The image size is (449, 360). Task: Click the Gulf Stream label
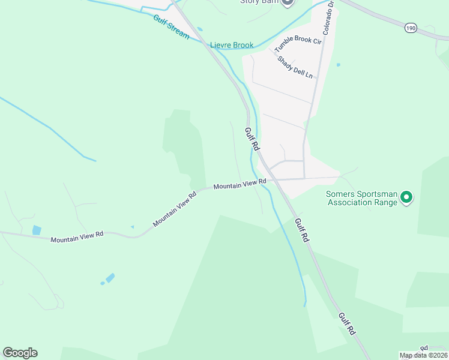point(171,28)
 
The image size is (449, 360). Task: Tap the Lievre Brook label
point(232,45)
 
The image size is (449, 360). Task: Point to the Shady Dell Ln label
point(295,66)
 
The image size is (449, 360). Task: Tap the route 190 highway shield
point(411,28)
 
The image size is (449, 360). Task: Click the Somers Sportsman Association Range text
point(361,198)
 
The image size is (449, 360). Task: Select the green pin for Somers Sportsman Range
point(406,197)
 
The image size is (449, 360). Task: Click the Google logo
point(20,353)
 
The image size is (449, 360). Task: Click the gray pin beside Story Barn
point(287,2)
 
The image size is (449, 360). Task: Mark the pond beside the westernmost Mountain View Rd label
point(37,230)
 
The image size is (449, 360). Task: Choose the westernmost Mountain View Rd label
point(77,236)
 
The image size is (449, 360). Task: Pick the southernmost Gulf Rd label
point(346,323)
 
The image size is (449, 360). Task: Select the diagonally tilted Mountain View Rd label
point(175,209)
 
